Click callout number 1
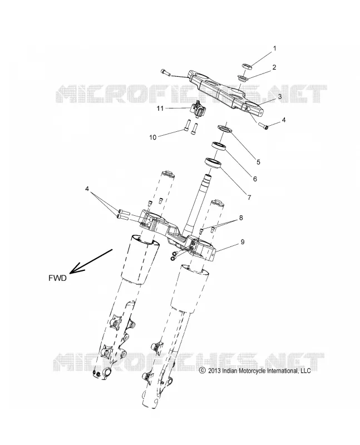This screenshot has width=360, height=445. pyautogui.click(x=274, y=48)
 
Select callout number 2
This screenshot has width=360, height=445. pyautogui.click(x=274, y=67)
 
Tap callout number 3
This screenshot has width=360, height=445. pyautogui.click(x=280, y=96)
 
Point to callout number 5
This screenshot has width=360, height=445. pyautogui.click(x=258, y=162)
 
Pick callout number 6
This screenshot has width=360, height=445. pyautogui.click(x=255, y=179)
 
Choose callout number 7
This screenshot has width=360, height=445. pyautogui.click(x=249, y=197)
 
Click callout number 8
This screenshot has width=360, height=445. pyautogui.click(x=241, y=217)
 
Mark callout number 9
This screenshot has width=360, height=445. pyautogui.click(x=242, y=242)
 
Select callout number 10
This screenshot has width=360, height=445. pyautogui.click(x=153, y=137)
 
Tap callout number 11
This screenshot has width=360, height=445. pyautogui.click(x=160, y=108)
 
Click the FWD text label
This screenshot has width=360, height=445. pyautogui.click(x=57, y=278)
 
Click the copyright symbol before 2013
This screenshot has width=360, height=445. pyautogui.click(x=202, y=370)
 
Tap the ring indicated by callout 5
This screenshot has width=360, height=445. pyautogui.click(x=225, y=128)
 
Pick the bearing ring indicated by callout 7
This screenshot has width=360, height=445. pyautogui.click(x=213, y=163)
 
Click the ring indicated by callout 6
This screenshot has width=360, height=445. pyautogui.click(x=219, y=146)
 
